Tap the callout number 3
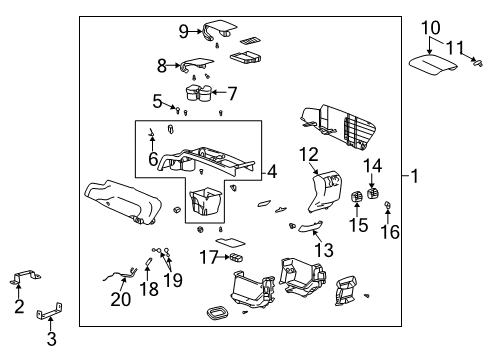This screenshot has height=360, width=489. (x=51, y=338)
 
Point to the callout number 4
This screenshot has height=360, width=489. (x=272, y=170)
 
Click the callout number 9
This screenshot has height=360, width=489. (x=184, y=30)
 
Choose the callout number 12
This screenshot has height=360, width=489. (x=308, y=154)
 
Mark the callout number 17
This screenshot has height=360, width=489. (x=207, y=256)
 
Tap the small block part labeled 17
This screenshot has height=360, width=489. (x=237, y=257)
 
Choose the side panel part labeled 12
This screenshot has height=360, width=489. (x=324, y=192)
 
